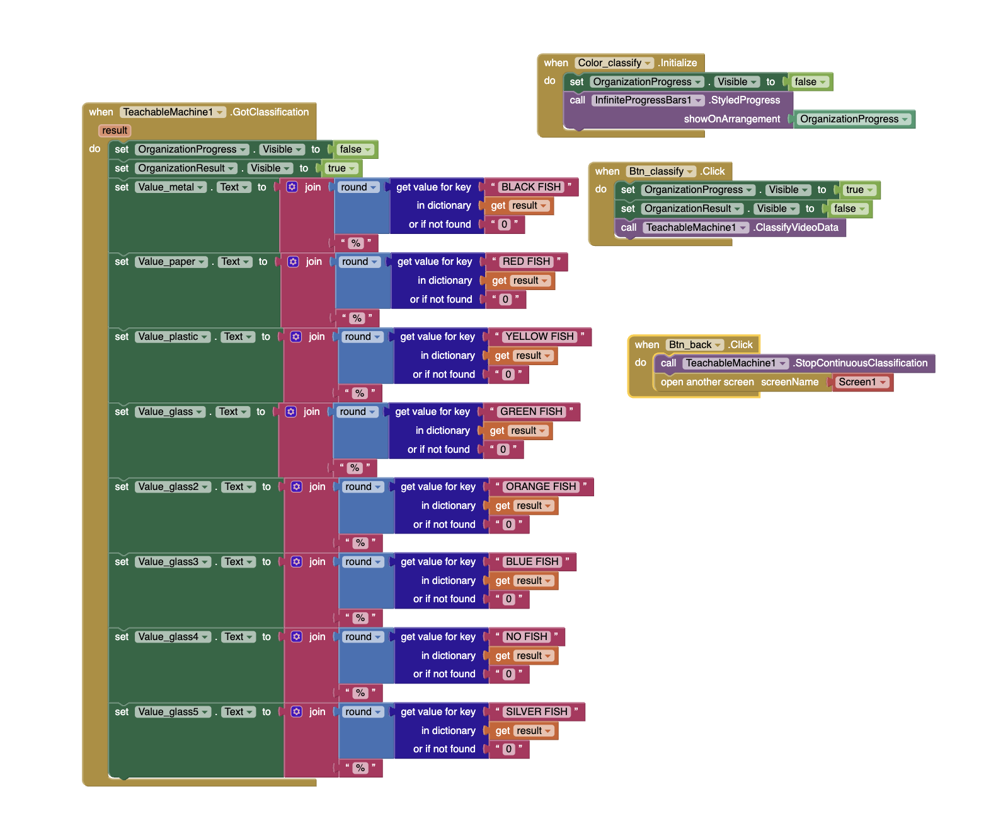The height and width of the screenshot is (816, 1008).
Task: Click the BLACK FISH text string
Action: [x=531, y=187]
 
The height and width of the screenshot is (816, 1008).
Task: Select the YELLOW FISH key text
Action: [x=540, y=337]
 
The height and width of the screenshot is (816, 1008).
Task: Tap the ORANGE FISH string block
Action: [x=541, y=487]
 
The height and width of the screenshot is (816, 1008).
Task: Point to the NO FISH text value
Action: [x=527, y=637]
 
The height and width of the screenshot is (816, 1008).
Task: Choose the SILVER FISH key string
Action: [x=537, y=712]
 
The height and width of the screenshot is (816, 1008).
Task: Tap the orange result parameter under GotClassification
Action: [x=115, y=131]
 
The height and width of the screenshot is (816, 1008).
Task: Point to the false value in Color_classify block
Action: [x=810, y=82]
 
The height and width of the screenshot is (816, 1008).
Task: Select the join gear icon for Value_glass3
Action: [x=297, y=562]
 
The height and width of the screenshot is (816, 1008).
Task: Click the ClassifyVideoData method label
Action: [x=796, y=228]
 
